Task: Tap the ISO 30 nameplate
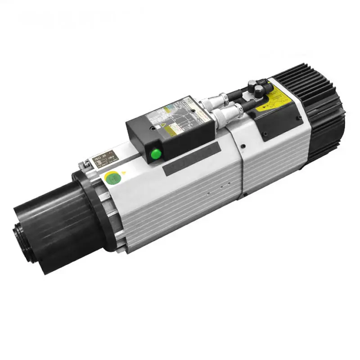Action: click(103, 160)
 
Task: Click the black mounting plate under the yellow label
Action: click(279, 121)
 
